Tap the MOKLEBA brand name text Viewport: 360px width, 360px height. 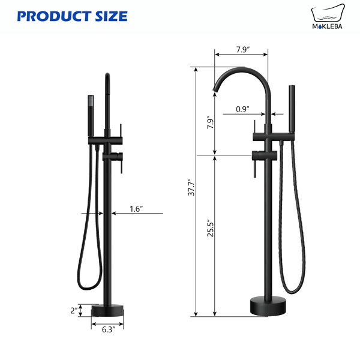327,26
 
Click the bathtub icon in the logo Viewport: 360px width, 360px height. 328,13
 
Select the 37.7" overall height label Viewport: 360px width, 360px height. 191,187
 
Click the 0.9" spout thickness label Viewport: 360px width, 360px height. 242,109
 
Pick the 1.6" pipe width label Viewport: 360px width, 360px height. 136,209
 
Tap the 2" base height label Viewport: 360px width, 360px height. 74,311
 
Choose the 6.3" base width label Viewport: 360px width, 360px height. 109,329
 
